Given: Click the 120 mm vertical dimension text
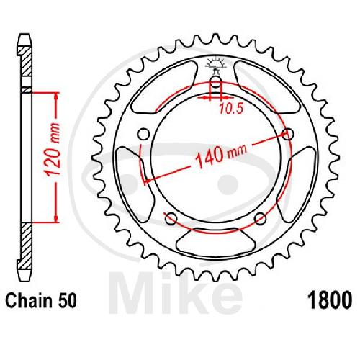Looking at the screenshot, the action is coord(52,150).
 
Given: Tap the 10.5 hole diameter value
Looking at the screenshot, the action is coord(231,109).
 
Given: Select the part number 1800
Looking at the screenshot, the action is coord(330,300).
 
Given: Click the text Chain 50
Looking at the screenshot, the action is coord(41,301).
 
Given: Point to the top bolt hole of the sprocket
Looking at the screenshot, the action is coord(216,84).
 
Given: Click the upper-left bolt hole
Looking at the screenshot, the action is coord(143,135).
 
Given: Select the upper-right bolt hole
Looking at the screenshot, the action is coord(288,135).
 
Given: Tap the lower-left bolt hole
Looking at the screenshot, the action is coord(171,219).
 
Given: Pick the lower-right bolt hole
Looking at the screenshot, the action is coord(261,219).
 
